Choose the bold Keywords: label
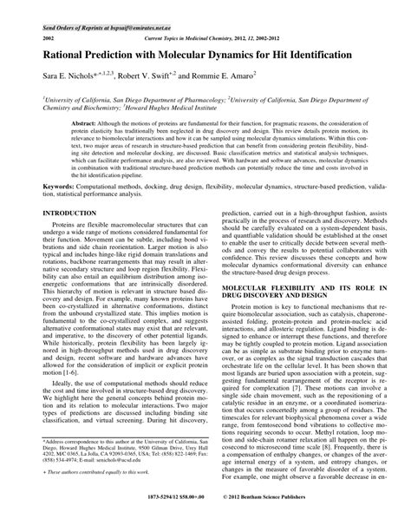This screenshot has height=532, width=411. pos(40,209)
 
